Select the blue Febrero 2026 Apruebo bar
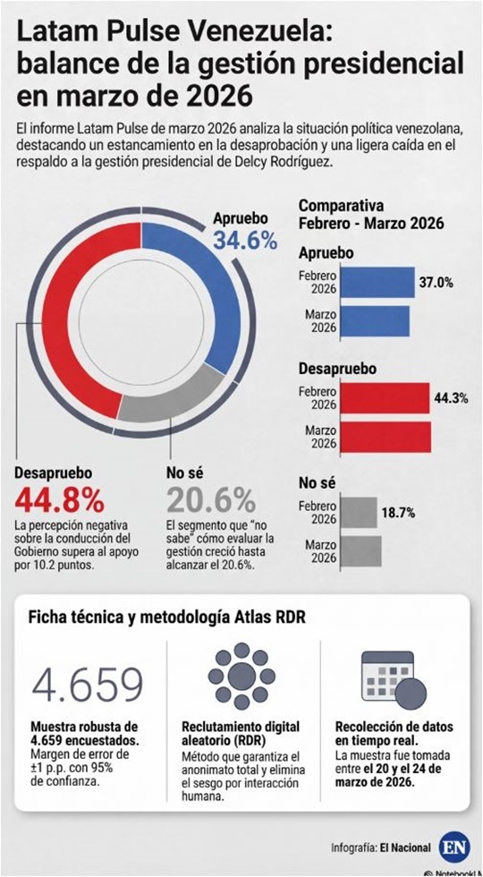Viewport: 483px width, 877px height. (377, 282)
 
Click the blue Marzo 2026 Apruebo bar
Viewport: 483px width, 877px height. (376, 321)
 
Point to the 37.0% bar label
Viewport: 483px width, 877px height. (436, 282)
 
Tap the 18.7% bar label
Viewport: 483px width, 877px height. (399, 512)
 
